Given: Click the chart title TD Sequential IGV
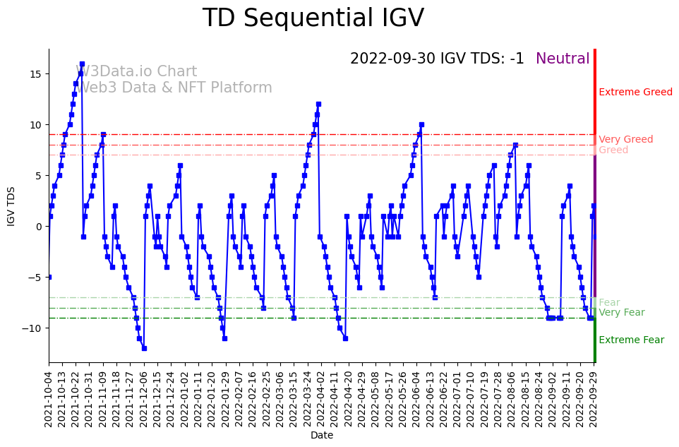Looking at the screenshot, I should click(313, 18).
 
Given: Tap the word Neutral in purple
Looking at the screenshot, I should click(563, 59).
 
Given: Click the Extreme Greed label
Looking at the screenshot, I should click(635, 93).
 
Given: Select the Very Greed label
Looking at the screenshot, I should click(625, 140).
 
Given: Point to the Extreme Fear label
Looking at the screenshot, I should click(631, 340).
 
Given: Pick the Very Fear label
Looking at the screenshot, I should click(621, 313).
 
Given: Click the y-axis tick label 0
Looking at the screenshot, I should click(40, 227).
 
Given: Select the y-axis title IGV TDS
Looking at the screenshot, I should click(11, 206).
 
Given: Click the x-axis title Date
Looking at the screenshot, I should click(321, 436).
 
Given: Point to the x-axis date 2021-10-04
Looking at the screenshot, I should click(49, 400).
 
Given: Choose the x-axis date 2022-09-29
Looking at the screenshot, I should click(594, 400).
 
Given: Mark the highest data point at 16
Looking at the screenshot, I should click(82, 64).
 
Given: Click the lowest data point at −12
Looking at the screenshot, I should click(144, 348).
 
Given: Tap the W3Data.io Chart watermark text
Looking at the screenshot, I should click(136, 72).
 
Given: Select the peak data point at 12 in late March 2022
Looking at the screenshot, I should click(318, 105).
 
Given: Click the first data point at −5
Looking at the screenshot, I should click(49, 277).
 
